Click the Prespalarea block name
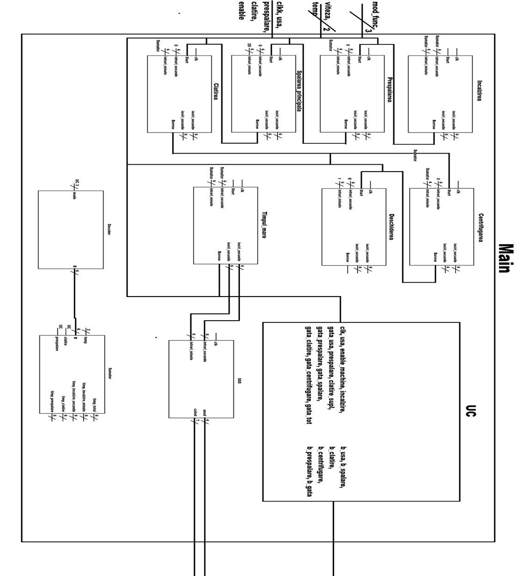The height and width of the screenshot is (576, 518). click(389, 89)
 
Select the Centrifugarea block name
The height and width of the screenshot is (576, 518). click(481, 228)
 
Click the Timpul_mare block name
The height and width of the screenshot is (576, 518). click(264, 225)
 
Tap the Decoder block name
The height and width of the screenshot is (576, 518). click(109, 230)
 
